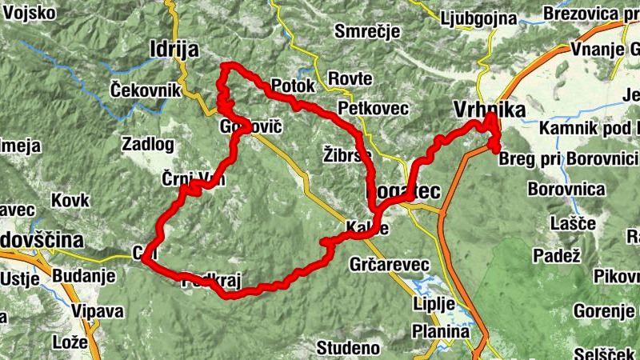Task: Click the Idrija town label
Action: [174, 50]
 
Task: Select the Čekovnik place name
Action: [146, 90]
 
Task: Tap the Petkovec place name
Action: [374, 107]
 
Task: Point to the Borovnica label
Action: [566, 190]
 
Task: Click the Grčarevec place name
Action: [390, 264]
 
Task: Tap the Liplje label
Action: [434, 304]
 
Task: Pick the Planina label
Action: [441, 331]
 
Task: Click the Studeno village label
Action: [348, 347]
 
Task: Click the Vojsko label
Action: [29, 13]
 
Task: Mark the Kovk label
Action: [70, 200]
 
